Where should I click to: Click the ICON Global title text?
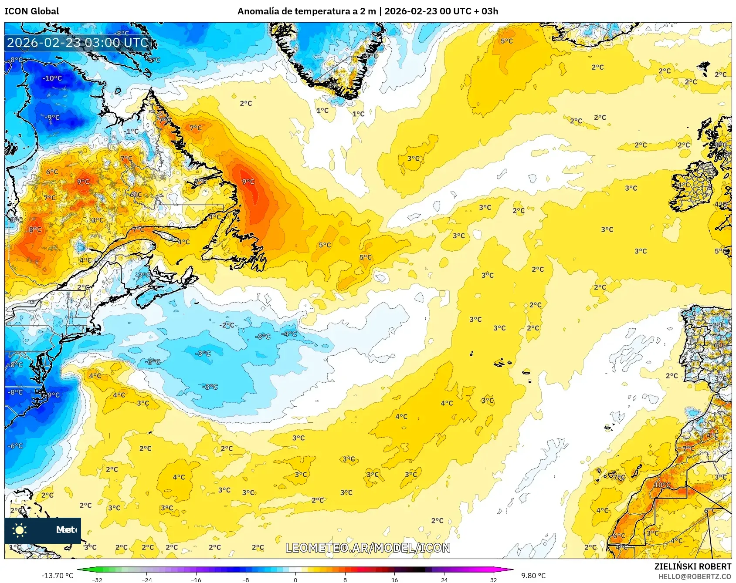[31, 11]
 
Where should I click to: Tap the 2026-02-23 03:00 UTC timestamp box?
[78, 43]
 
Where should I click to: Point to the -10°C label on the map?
[52, 78]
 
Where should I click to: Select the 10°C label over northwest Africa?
[662, 485]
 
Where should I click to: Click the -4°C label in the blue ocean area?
[289, 334]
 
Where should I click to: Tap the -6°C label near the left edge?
[15, 446]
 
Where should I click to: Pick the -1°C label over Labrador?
[131, 131]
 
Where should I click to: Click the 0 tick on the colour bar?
[295, 580]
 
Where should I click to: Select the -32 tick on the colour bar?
[97, 580]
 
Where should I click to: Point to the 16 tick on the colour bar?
[394, 580]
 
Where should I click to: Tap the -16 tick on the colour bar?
[196, 580]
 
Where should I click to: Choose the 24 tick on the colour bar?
[444, 580]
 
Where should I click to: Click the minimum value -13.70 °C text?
[57, 576]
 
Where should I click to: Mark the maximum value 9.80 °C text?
[533, 576]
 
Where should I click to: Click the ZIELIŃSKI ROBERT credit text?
[692, 566]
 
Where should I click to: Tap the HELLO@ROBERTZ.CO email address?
[695, 576]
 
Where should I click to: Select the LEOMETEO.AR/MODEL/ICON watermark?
[368, 548]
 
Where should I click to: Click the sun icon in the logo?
[20, 530]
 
